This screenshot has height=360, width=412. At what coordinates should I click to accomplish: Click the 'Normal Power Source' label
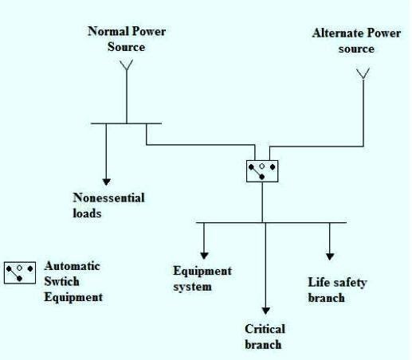click(x=126, y=39)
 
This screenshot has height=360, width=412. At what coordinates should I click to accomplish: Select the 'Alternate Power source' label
click(x=355, y=41)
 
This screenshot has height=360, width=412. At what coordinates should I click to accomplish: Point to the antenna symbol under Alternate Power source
click(x=363, y=74)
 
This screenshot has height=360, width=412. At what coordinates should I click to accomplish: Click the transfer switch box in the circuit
click(x=262, y=170)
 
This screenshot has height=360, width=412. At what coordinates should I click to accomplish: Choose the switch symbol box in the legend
click(x=20, y=272)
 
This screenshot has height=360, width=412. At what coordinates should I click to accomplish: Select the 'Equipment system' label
click(x=202, y=278)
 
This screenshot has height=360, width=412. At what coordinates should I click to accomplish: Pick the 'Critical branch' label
click(x=265, y=336)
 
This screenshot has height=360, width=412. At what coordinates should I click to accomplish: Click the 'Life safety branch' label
click(x=337, y=290)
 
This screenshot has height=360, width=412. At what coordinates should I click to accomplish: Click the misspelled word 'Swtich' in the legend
click(x=62, y=282)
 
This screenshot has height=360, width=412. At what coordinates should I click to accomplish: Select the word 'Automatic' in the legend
click(x=72, y=266)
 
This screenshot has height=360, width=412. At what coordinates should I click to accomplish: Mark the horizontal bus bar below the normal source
click(x=126, y=123)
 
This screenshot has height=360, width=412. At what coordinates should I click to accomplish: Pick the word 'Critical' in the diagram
click(x=265, y=329)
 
